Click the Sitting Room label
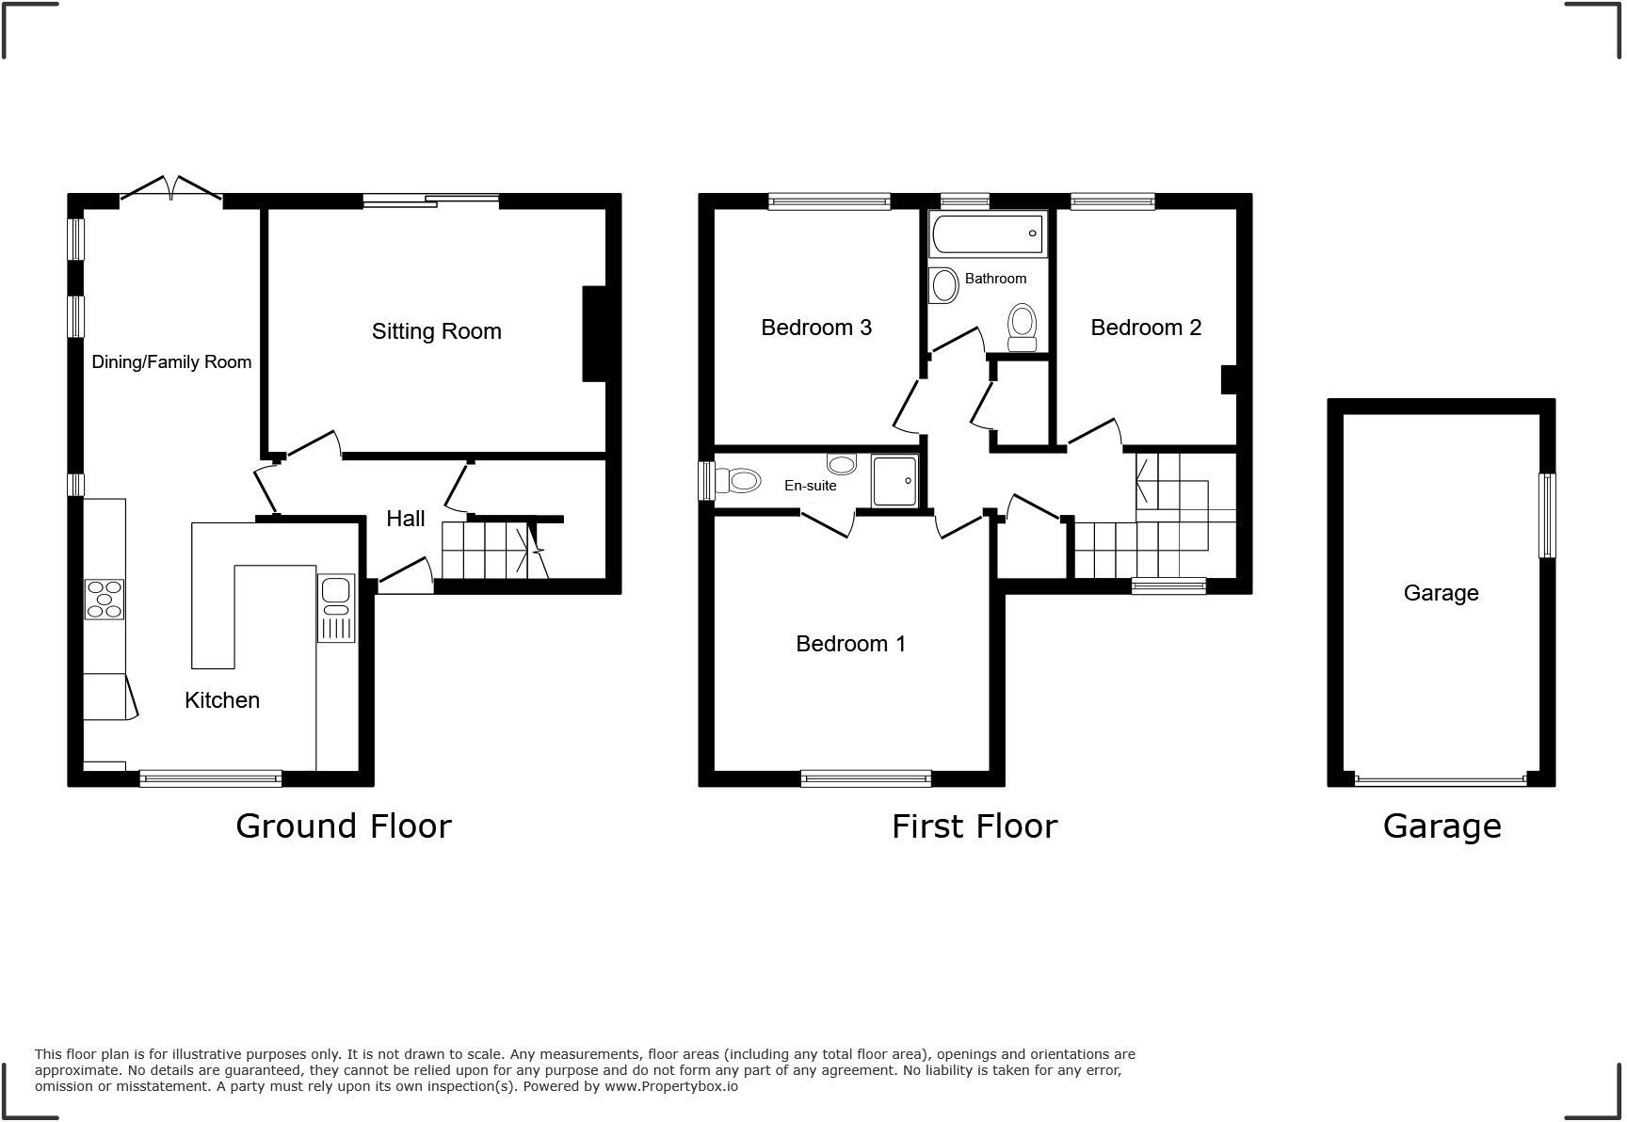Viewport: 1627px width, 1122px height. [x=436, y=331]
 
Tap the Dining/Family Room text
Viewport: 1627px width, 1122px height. [x=171, y=362]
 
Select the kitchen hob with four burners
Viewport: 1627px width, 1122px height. [x=105, y=600]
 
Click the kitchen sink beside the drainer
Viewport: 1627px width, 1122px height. [x=335, y=590]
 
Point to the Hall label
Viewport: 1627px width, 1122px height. [x=406, y=519]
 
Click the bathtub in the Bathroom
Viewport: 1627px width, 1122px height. [x=987, y=233]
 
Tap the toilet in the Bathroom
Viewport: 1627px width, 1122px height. [x=1022, y=326]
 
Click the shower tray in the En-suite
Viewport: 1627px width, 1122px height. [x=894, y=481]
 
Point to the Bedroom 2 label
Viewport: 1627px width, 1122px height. [x=1146, y=328]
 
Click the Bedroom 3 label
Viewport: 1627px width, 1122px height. [x=816, y=328]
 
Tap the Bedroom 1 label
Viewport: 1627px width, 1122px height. [x=850, y=644]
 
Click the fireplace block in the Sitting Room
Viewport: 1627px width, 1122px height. [x=594, y=333]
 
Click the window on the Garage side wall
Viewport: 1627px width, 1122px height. [x=1546, y=515]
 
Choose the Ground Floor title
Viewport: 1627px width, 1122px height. [x=344, y=825]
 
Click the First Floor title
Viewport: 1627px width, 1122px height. [x=975, y=826]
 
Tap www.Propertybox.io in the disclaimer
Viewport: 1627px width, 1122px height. [x=670, y=1086]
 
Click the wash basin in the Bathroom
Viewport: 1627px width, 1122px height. [x=942, y=285]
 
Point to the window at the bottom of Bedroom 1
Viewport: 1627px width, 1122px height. [x=865, y=778]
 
